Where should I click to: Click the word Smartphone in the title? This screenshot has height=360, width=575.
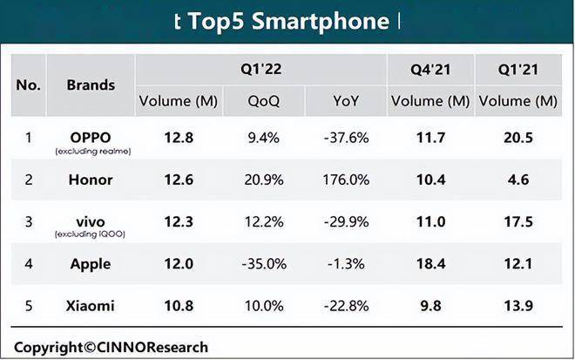tap(321, 21)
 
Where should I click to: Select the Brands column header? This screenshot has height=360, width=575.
tap(91, 85)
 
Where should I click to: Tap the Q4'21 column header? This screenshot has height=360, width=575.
tap(430, 70)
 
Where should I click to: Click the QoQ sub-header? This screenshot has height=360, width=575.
tap(264, 101)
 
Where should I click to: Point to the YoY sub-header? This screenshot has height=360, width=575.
tap(346, 101)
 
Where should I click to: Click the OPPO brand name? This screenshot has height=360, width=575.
tap(91, 138)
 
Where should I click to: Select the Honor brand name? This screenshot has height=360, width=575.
tap(91, 180)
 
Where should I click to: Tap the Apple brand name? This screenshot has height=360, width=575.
tap(91, 264)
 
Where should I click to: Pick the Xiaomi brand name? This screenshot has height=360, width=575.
tap(91, 306)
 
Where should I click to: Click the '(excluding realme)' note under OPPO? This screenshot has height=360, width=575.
tap(93, 151)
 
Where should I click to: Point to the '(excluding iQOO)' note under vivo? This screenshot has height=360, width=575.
tap(91, 234)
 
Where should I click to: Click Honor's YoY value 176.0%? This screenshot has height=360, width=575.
tap(346, 180)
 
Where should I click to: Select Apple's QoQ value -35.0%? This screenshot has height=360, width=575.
tap(264, 264)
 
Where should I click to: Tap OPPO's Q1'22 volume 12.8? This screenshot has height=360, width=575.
tap(179, 138)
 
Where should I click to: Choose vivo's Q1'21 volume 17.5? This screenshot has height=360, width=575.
tap(517, 221)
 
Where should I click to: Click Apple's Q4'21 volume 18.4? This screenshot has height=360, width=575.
tap(430, 264)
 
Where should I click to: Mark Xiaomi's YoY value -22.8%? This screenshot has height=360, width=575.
tap(346, 306)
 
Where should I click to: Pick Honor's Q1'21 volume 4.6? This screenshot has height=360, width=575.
tap(518, 180)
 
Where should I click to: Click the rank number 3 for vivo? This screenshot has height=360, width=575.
tap(29, 221)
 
